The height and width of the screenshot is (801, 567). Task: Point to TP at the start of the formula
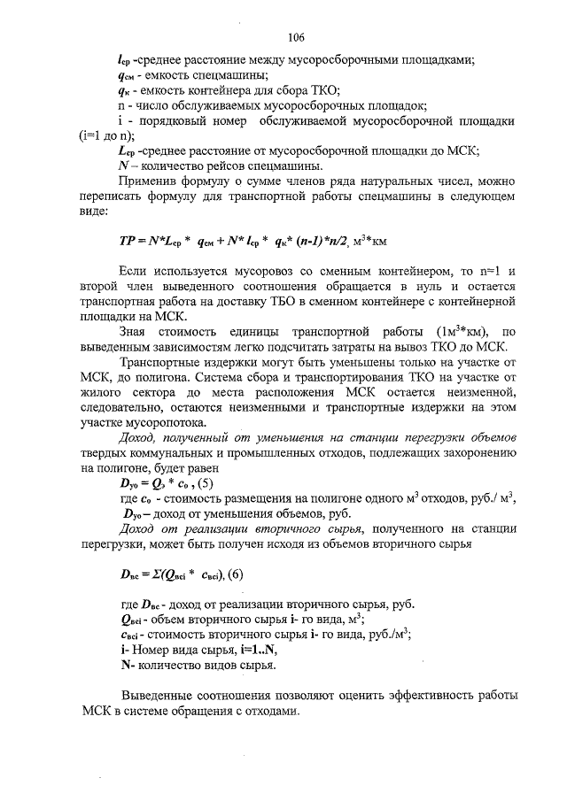click(x=127, y=240)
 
